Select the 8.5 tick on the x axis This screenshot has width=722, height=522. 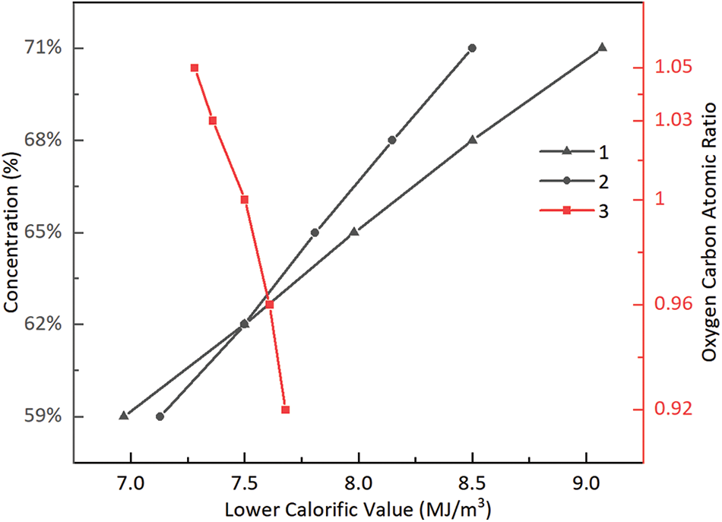coord(472,481)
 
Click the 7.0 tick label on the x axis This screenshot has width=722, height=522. coord(131,481)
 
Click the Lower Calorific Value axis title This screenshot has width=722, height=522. coord(359,505)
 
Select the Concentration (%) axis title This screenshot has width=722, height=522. coord(12,232)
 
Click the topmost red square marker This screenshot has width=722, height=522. coord(195,68)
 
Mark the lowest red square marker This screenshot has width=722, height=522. coord(286,410)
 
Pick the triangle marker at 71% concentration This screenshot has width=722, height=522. coord(602,47)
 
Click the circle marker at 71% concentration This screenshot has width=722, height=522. coord(472,48)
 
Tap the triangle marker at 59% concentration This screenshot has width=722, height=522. coord(124,415)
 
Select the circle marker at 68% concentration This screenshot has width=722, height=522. coord(392,140)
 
